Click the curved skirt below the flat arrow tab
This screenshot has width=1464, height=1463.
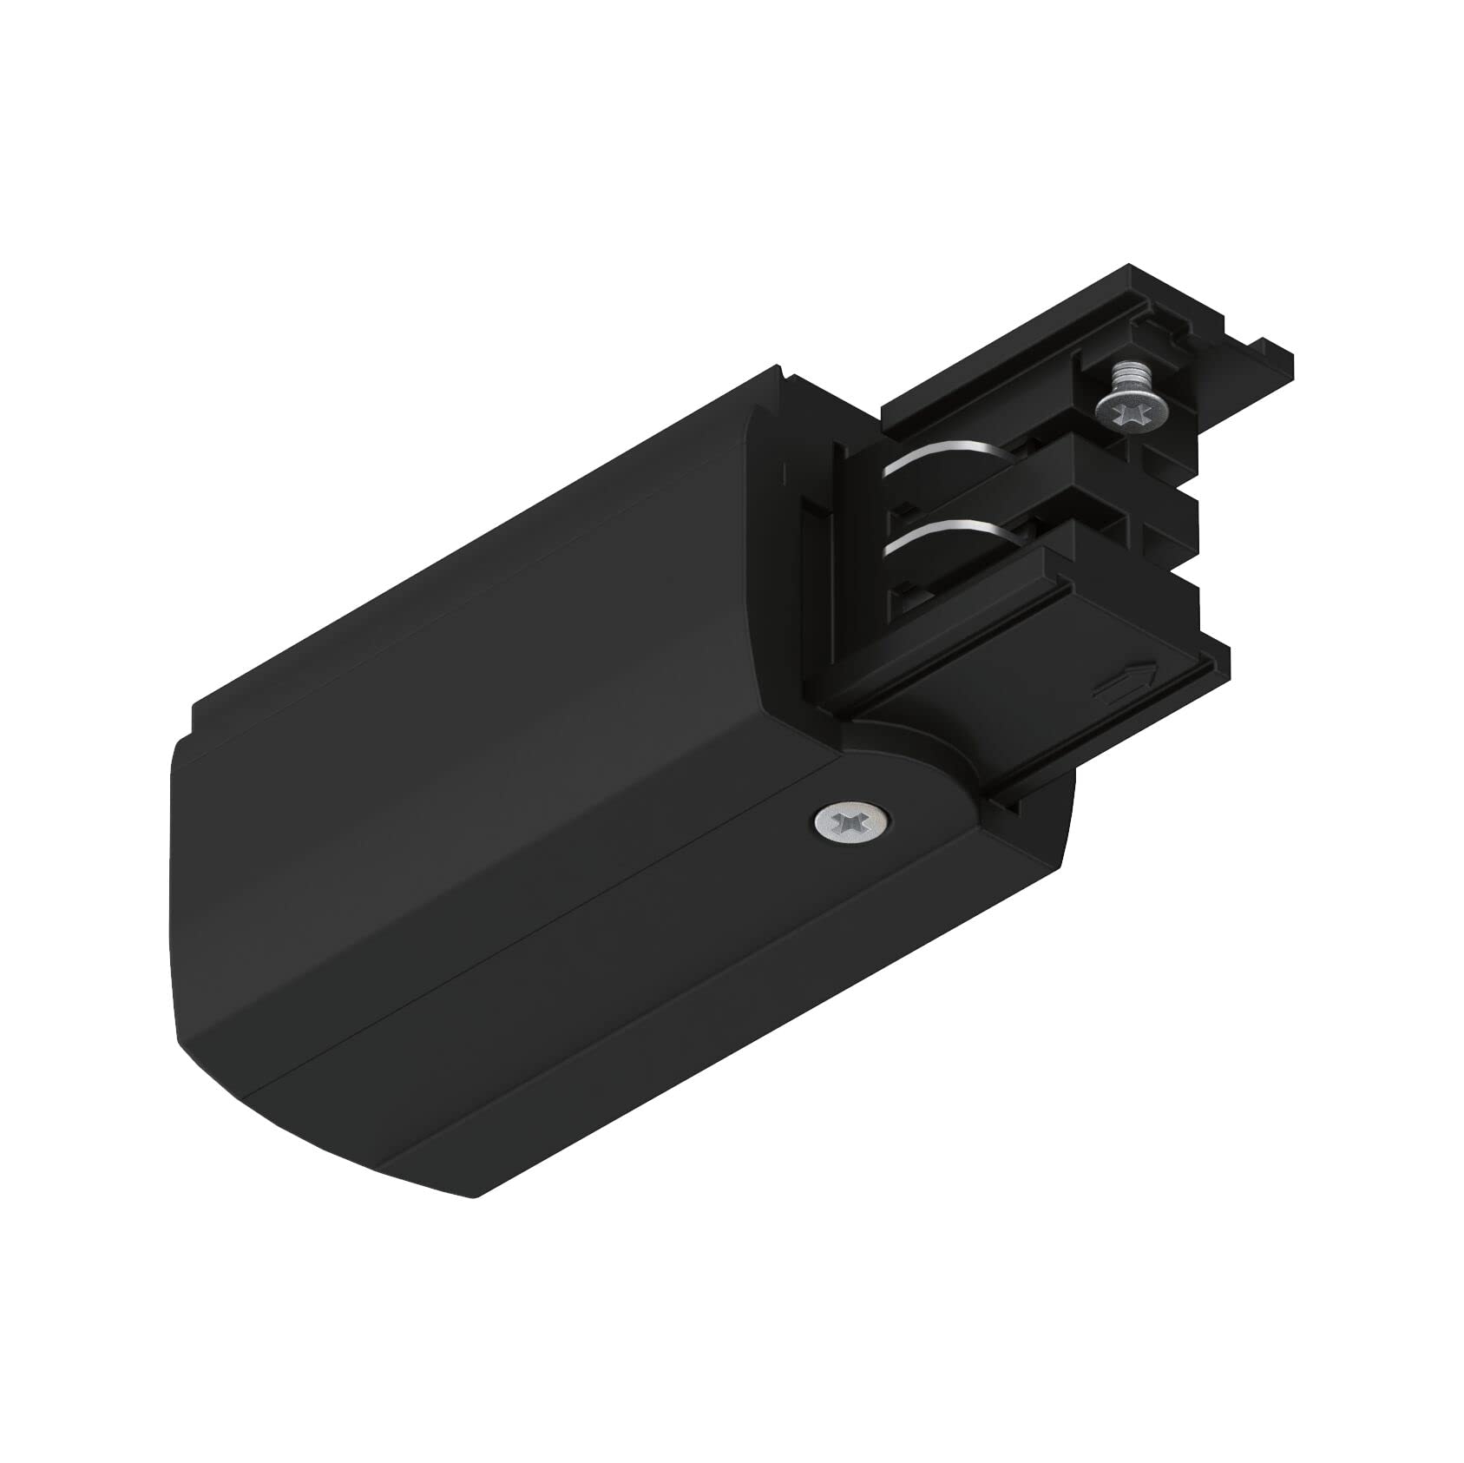[1024, 764]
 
